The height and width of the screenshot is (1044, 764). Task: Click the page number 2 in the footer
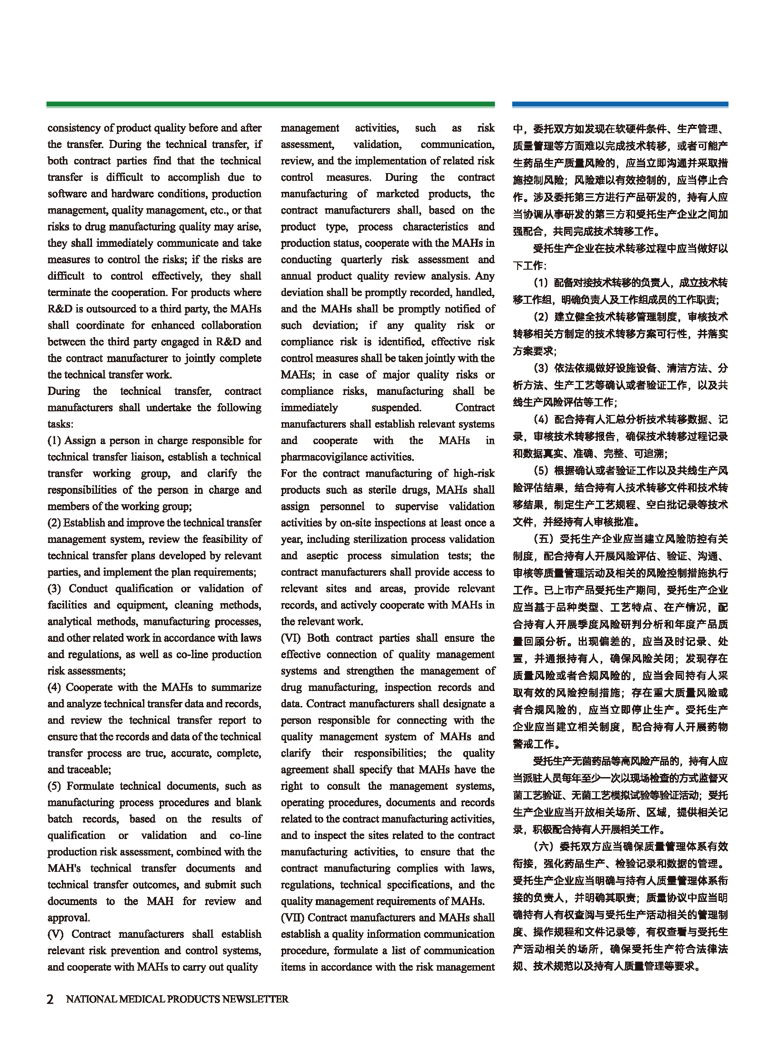click(x=51, y=998)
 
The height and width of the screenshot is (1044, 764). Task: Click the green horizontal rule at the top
click(x=270, y=105)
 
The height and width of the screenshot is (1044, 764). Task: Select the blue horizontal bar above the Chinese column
click(x=620, y=105)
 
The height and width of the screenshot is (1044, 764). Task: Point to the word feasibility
click(x=216, y=539)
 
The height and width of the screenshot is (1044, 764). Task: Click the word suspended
click(x=396, y=408)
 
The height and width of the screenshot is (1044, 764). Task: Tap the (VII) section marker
click(x=292, y=917)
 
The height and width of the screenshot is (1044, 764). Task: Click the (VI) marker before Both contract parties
click(x=290, y=638)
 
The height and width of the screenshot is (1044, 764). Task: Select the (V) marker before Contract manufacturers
click(x=56, y=934)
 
